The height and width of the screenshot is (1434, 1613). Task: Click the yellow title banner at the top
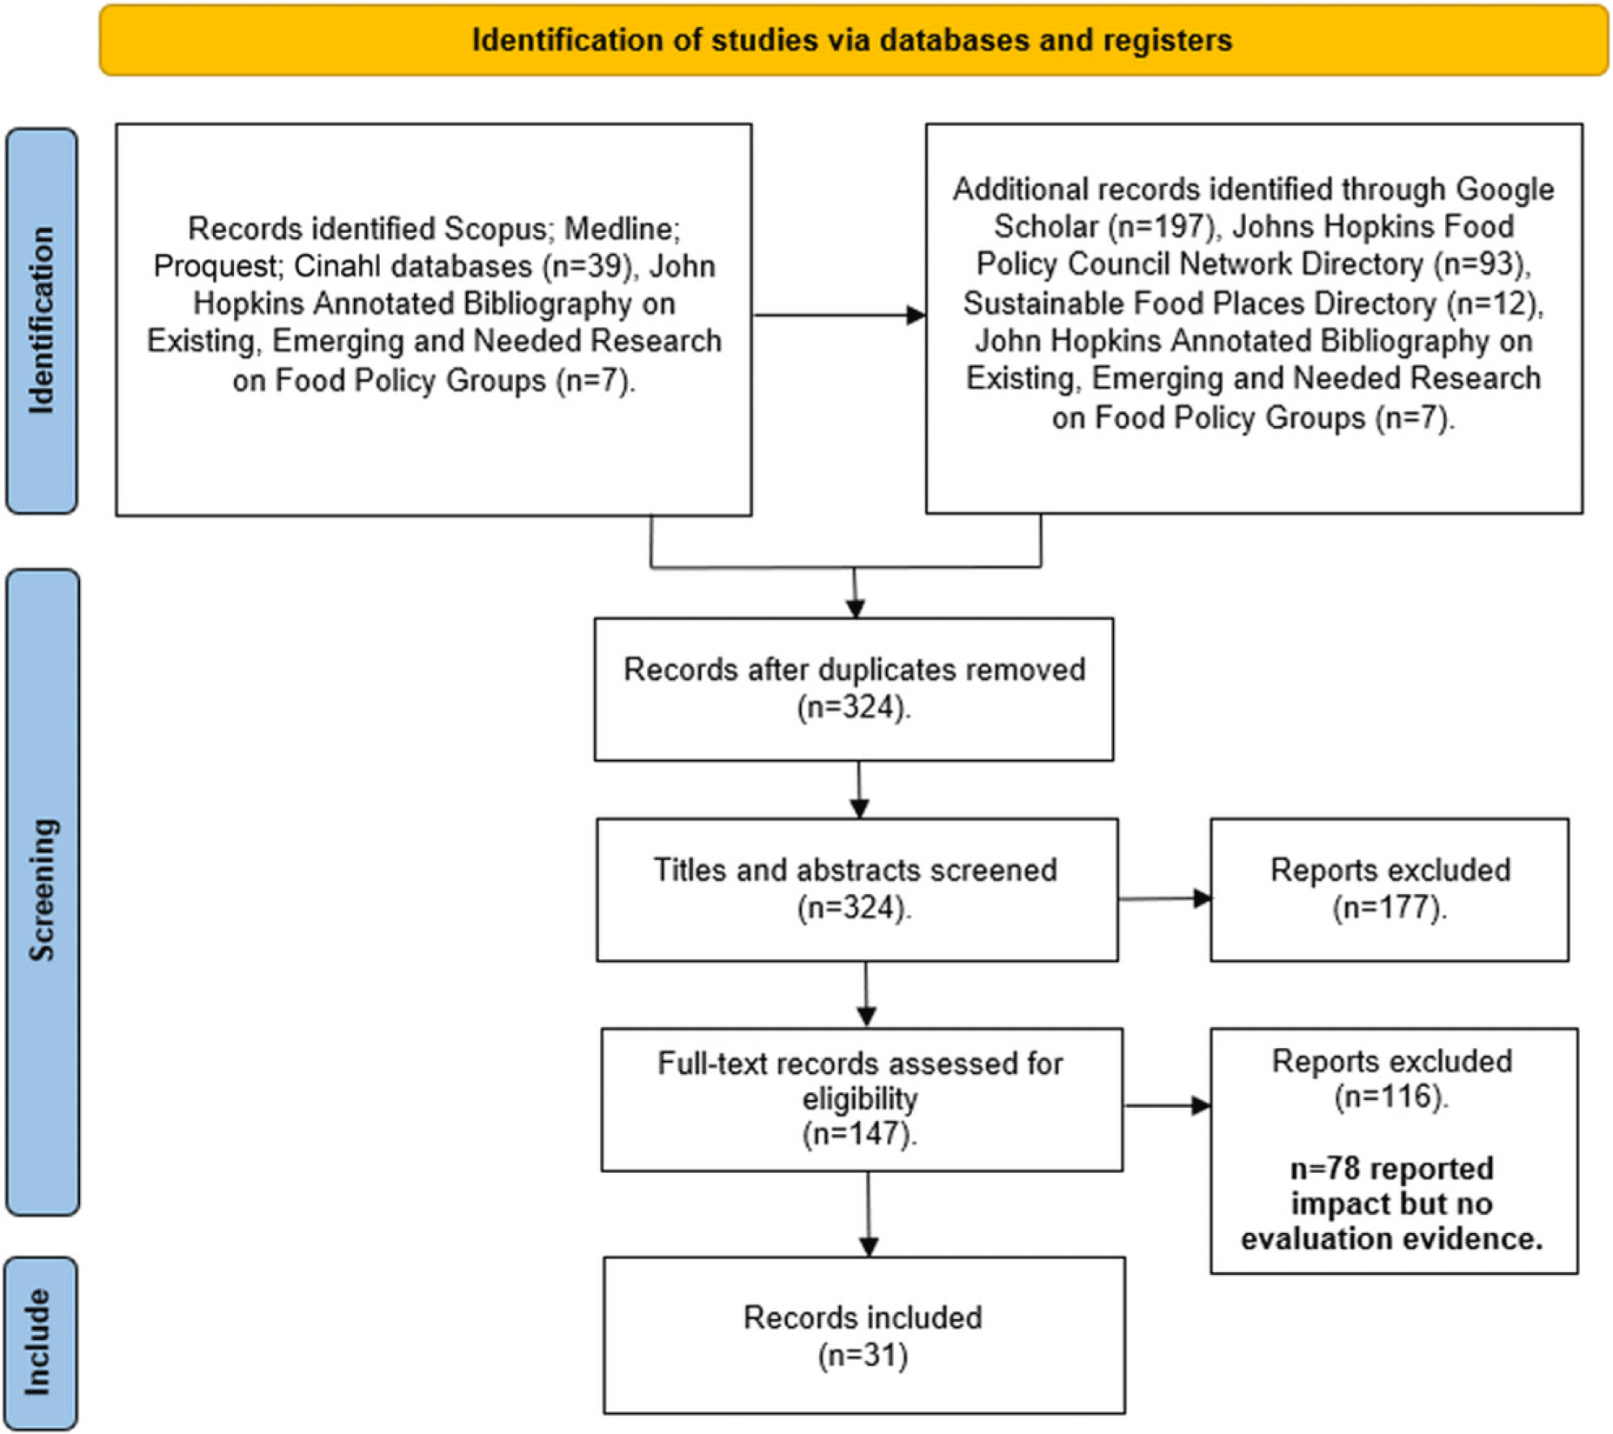click(853, 40)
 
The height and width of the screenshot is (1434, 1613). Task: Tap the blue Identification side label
click(42, 321)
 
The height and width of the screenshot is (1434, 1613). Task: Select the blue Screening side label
click(43, 891)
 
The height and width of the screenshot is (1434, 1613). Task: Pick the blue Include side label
click(41, 1343)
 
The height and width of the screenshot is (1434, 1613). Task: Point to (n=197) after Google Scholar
click(1162, 227)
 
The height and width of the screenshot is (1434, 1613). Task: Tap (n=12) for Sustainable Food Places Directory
click(1493, 303)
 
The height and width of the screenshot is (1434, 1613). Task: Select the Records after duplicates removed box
click(854, 690)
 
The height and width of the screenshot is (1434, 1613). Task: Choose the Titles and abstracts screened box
click(857, 890)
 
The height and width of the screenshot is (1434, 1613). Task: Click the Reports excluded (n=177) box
click(1390, 890)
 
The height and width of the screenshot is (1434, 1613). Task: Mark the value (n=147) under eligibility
click(859, 1135)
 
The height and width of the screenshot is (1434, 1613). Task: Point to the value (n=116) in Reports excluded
click(1391, 1097)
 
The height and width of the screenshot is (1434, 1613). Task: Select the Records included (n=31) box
click(864, 1335)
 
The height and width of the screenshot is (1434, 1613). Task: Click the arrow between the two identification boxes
click(839, 315)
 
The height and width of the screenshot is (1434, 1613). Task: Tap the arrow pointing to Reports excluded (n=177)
click(1164, 898)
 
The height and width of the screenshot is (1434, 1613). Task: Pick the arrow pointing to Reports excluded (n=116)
click(1167, 1105)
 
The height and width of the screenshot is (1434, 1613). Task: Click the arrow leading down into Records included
click(869, 1214)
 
